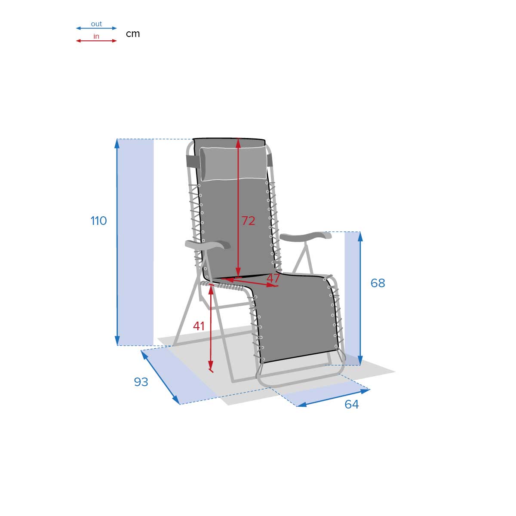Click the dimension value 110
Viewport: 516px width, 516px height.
[98, 221]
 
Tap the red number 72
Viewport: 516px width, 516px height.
[248, 221]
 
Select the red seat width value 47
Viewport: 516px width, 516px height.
[273, 278]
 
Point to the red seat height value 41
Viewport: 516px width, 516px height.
[199, 326]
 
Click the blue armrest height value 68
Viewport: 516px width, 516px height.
[378, 283]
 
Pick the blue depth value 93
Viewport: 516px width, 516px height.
[141, 382]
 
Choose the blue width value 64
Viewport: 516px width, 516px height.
[351, 404]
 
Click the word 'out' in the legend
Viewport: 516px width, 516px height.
[96, 24]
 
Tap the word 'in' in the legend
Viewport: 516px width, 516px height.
[96, 37]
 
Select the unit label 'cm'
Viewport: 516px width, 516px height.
[133, 34]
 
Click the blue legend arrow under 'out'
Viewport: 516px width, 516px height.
[96, 28]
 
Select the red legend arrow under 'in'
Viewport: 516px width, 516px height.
[96, 41]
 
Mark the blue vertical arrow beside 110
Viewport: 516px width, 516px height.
[117, 242]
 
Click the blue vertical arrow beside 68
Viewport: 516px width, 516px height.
[360, 298]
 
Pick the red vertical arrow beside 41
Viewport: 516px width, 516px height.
[211, 327]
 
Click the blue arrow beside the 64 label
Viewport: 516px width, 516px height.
[333, 398]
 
